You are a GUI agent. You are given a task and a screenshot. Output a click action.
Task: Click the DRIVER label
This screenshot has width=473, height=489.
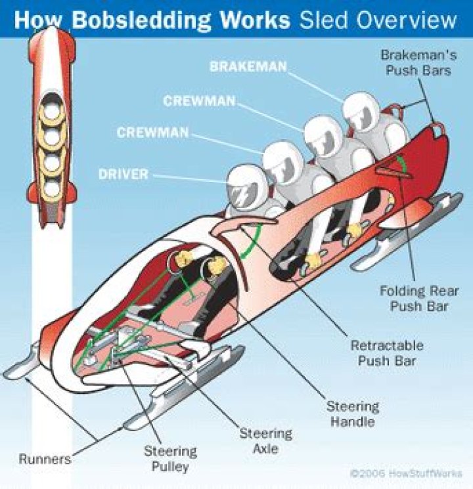pyautogui.click(x=124, y=175)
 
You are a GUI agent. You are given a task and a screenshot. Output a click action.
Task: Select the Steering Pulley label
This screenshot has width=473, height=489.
pyautogui.click(x=171, y=459)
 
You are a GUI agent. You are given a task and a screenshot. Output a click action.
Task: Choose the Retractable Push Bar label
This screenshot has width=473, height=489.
pyautogui.click(x=387, y=352)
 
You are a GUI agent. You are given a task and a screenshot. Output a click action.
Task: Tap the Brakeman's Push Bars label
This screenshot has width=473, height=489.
pyautogui.click(x=416, y=62)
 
